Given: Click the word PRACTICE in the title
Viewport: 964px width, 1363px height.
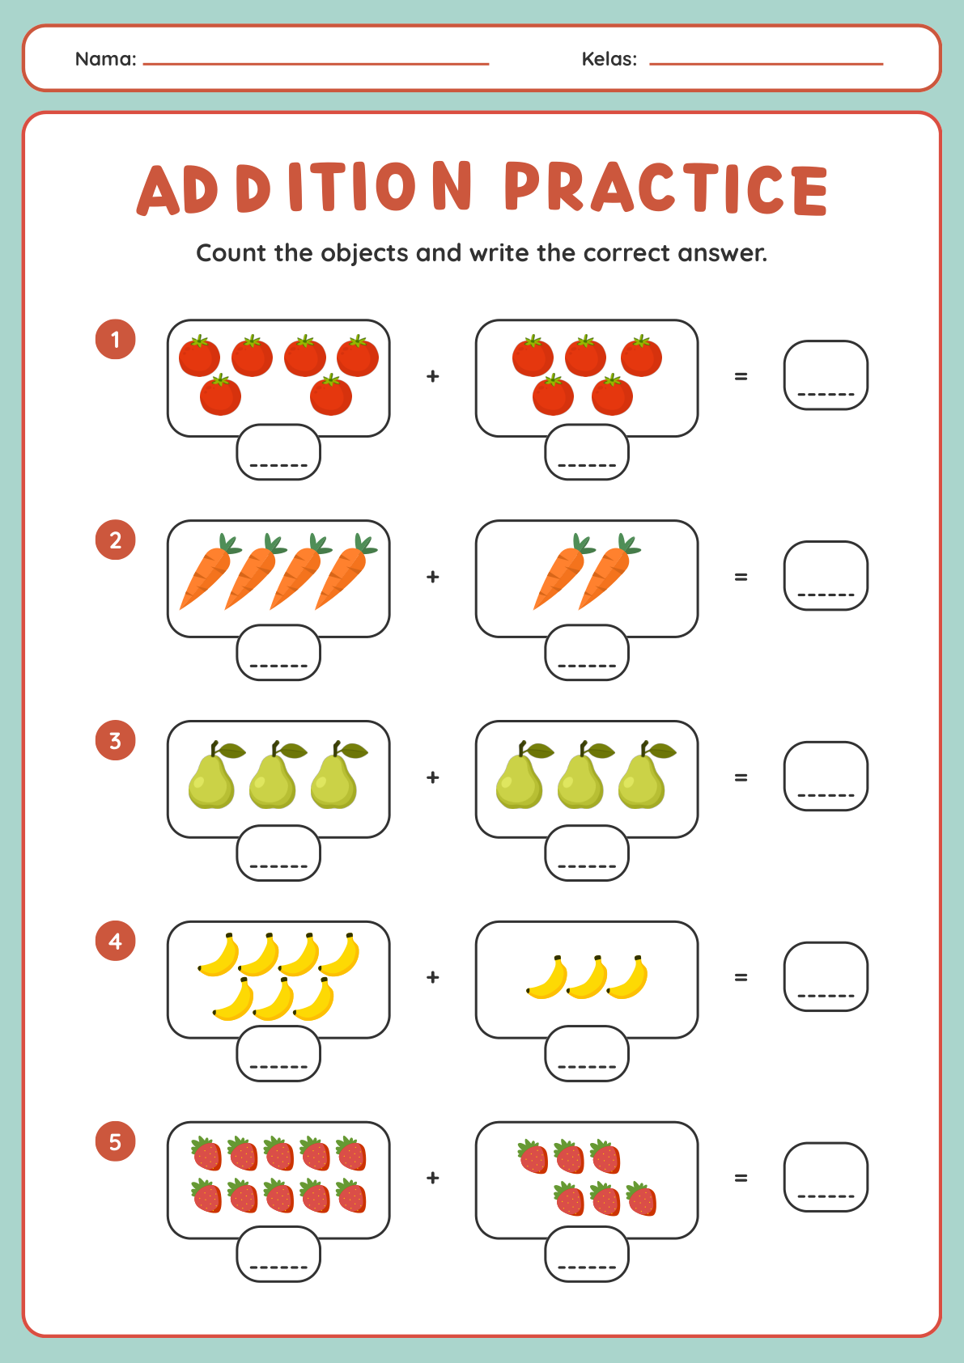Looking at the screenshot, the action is click(x=666, y=188).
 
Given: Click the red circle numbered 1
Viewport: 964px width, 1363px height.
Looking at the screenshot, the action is click(x=115, y=339).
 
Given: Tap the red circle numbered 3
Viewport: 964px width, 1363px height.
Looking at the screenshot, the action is click(x=115, y=740).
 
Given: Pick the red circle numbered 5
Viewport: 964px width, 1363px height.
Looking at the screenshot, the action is click(x=115, y=1141).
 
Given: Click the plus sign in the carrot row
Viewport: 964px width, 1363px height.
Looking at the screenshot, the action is click(x=432, y=576).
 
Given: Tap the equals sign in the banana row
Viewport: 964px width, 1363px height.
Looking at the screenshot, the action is click(x=741, y=977).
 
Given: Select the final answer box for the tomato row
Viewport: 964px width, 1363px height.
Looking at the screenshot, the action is click(x=826, y=375).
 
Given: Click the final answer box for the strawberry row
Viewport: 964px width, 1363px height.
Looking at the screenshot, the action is click(x=826, y=1178).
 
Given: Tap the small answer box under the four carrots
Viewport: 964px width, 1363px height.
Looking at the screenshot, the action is click(x=278, y=652).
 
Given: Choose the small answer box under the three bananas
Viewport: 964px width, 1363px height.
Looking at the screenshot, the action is click(x=587, y=1053).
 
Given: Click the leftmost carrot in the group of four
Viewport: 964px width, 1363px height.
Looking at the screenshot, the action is click(x=209, y=572).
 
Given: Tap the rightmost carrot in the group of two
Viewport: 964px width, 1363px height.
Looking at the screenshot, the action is click(x=609, y=572).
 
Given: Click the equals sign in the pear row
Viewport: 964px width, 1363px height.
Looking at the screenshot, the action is click(x=741, y=777).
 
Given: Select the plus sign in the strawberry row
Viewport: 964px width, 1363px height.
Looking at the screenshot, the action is click(x=432, y=1178).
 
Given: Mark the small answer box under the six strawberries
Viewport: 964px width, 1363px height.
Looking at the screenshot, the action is click(x=587, y=1254).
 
